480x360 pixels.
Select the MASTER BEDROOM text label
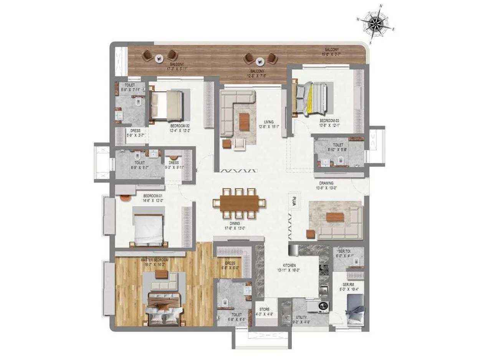click(155, 260)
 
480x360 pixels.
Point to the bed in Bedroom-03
click(311, 98)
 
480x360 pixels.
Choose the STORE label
click(264, 309)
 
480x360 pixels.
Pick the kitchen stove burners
click(324, 270)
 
